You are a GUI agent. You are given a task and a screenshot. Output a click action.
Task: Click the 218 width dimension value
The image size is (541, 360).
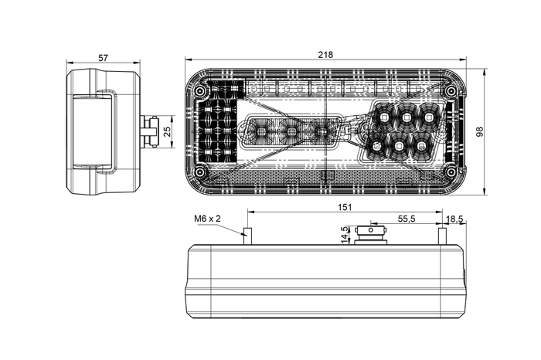[x=325, y=54]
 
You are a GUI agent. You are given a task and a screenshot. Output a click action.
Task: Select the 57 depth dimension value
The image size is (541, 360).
[x=104, y=57]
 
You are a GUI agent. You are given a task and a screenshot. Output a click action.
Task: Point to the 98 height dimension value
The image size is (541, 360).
[x=480, y=132]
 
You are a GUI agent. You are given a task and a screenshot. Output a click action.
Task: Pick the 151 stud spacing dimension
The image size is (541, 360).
[x=345, y=207]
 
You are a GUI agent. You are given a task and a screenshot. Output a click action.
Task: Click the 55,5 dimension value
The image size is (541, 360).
[x=407, y=219]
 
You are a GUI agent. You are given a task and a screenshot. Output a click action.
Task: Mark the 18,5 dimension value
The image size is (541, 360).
[x=455, y=219]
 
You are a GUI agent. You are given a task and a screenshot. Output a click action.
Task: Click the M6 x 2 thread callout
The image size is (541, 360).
[x=208, y=219]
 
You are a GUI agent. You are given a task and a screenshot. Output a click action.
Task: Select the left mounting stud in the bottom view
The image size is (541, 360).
[x=246, y=236]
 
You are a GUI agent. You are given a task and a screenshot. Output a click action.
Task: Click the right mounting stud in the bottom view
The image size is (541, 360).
[x=441, y=236]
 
